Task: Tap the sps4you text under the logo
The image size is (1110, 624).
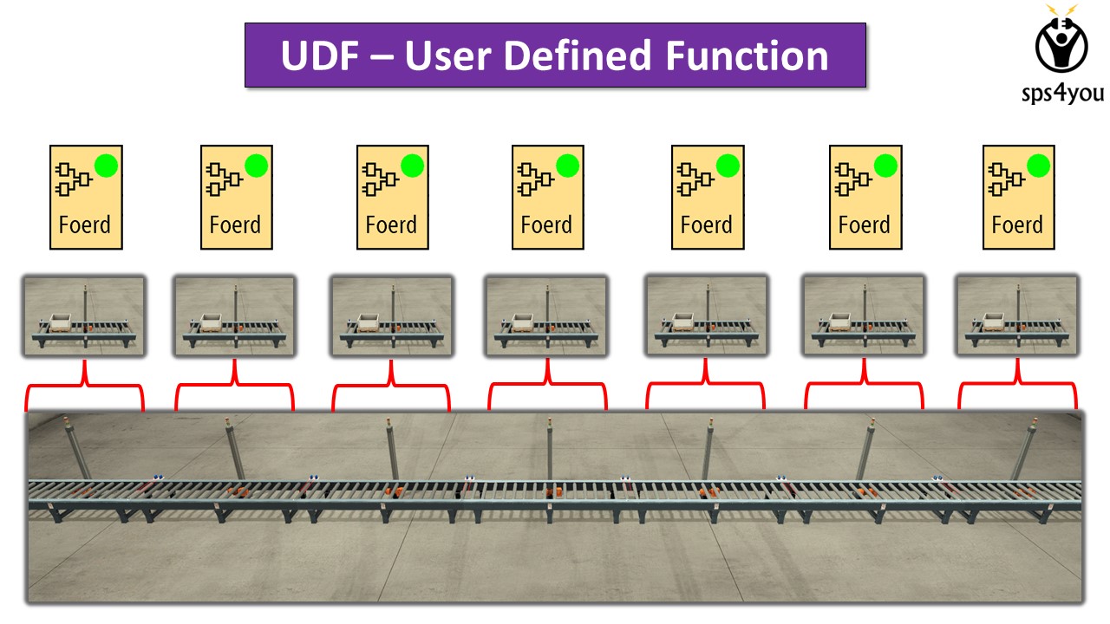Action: click(1063, 93)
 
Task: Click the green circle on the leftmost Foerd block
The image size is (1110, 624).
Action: click(106, 166)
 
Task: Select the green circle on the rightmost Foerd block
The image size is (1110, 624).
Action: click(1039, 166)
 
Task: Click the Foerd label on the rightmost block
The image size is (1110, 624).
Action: click(1017, 224)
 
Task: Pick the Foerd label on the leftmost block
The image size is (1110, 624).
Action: click(85, 224)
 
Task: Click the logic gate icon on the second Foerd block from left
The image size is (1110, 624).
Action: click(224, 179)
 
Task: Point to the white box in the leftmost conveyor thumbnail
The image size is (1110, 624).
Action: click(61, 323)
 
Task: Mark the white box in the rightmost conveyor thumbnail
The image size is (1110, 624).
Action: click(994, 322)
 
